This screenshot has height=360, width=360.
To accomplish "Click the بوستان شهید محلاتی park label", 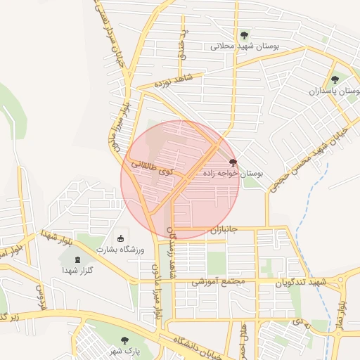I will pos(245,46).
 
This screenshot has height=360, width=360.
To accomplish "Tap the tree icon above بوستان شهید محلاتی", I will pos(245,34).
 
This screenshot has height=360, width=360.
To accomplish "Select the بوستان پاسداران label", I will pos(334,91).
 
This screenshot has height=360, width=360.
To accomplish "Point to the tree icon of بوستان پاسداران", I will pos(335,79).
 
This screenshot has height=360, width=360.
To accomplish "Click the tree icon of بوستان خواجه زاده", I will pos(233,161).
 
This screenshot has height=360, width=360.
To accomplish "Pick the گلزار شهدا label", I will pos(77,270).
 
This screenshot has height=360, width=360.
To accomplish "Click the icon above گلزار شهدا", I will pos(77,259).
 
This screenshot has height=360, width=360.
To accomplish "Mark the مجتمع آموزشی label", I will pos(218,281).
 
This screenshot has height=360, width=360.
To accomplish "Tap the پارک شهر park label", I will pos(128,350).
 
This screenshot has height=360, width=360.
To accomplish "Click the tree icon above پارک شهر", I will pos(124,340).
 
